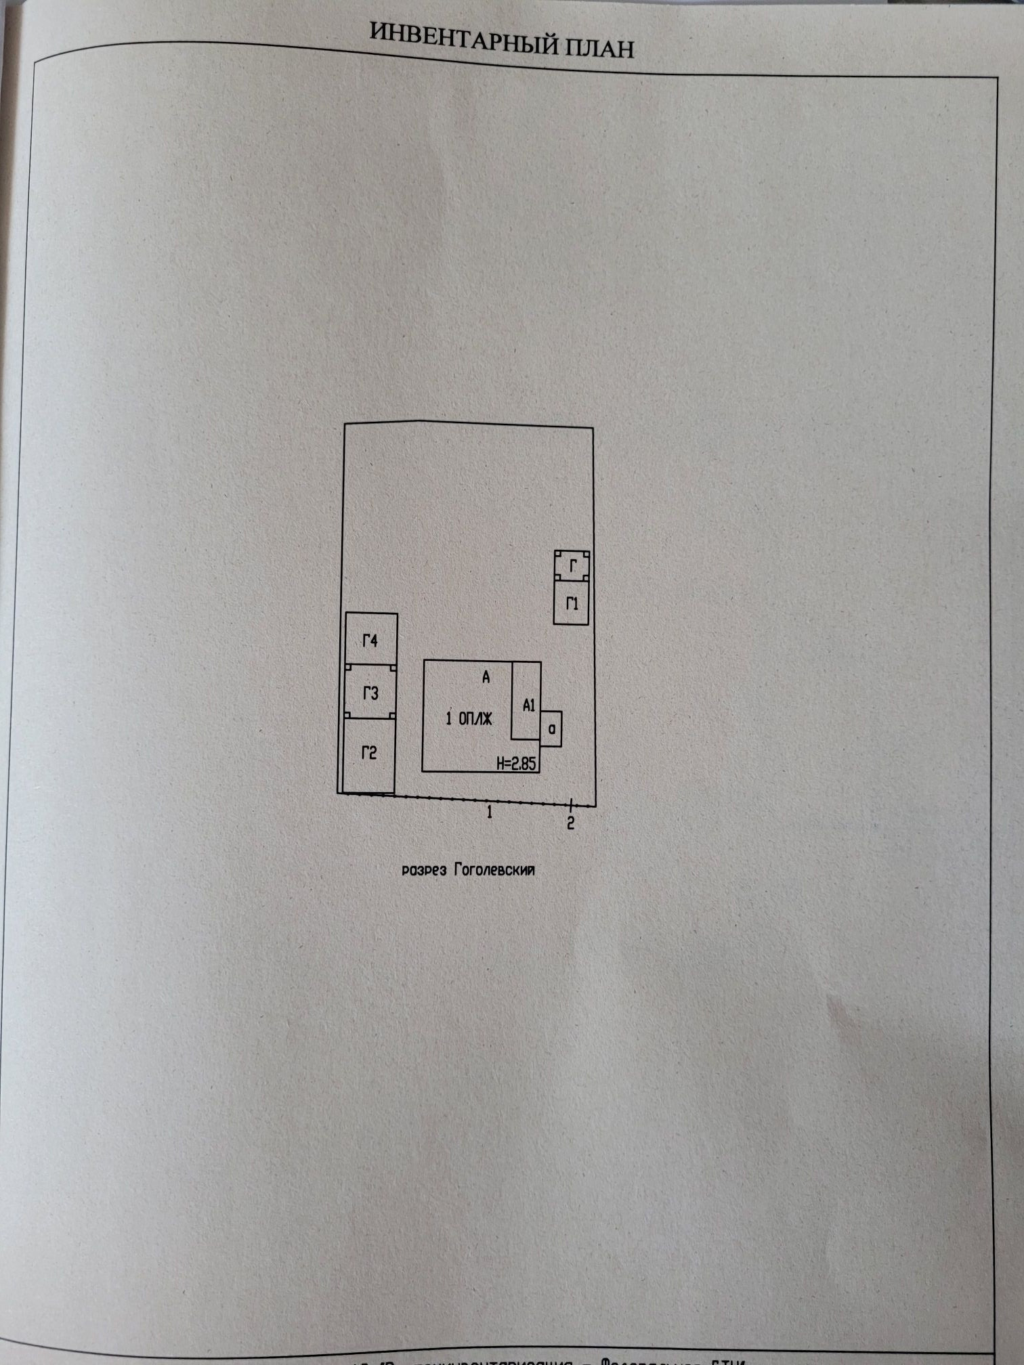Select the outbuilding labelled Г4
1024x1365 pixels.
pyautogui.click(x=371, y=639)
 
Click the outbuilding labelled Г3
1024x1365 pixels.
pyautogui.click(x=370, y=693)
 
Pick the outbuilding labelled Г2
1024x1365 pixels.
pyautogui.click(x=368, y=753)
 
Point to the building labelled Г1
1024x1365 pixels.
pyautogui.click(x=572, y=603)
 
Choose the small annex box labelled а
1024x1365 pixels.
pyautogui.click(x=551, y=729)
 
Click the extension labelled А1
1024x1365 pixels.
pyautogui.click(x=528, y=705)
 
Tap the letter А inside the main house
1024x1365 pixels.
pyautogui.click(x=486, y=676)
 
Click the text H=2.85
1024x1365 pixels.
pyautogui.click(x=516, y=764)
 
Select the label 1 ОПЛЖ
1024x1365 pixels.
pyautogui.click(x=469, y=718)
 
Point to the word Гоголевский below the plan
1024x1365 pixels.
pyautogui.click(x=494, y=869)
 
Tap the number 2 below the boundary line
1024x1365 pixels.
pyautogui.click(x=571, y=823)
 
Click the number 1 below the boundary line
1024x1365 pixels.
pyautogui.click(x=490, y=812)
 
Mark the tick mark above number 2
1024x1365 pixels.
pyautogui.click(x=571, y=804)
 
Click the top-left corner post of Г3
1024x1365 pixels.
pyautogui.click(x=348, y=667)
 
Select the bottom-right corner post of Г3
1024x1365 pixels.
pyautogui.click(x=393, y=716)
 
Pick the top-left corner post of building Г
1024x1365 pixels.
pyautogui.click(x=557, y=554)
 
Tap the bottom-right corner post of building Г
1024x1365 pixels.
pyautogui.click(x=585, y=578)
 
